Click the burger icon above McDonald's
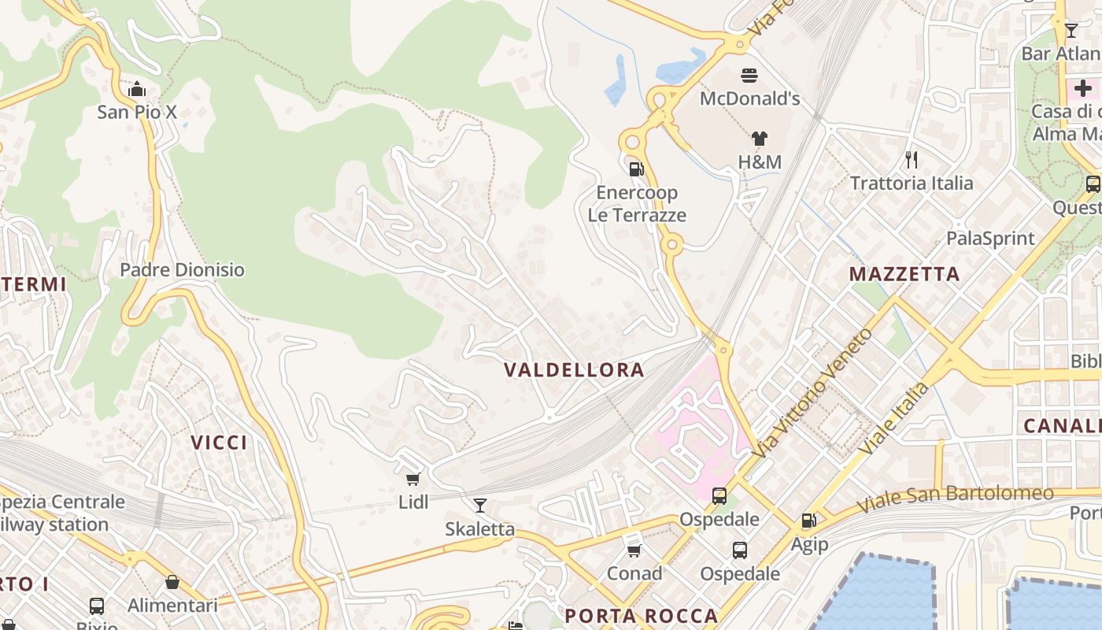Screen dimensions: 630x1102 [749, 76]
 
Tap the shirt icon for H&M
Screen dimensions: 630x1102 [759, 139]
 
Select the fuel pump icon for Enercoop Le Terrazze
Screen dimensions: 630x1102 [636, 169]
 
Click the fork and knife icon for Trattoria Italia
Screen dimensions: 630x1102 [912, 160]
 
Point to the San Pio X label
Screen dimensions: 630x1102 [137, 112]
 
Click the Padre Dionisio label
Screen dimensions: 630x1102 [182, 269]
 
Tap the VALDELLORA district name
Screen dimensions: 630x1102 [574, 369]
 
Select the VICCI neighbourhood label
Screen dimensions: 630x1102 [220, 443]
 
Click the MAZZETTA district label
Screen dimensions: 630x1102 [904, 274]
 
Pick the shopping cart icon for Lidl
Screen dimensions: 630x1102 [412, 479]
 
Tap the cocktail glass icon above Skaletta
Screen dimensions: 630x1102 [479, 505]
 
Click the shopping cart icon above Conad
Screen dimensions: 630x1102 [634, 550]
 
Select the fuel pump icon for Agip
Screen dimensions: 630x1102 [808, 521]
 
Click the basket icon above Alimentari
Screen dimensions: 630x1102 [172, 582]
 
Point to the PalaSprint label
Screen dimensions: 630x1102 [990, 238]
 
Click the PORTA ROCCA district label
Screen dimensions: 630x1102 [641, 615]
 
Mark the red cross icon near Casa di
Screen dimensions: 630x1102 [1082, 87]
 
